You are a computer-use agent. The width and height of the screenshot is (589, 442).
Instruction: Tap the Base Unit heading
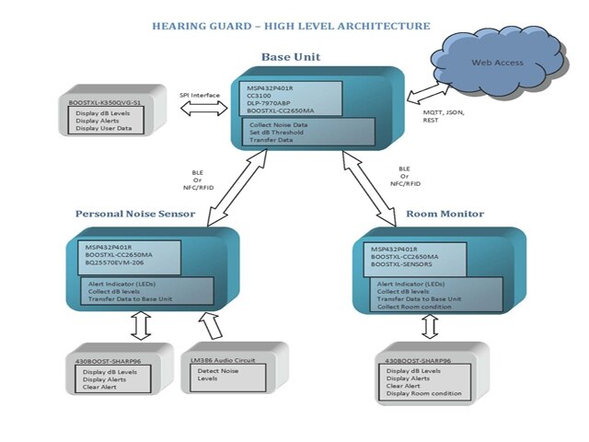[291, 57]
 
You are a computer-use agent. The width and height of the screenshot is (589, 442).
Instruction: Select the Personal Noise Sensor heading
[135, 214]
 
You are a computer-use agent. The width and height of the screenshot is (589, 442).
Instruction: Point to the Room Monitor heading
[445, 214]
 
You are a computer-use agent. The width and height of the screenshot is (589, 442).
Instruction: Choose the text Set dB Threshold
[278, 131]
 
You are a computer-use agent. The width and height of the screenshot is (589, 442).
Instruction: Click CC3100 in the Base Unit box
[259, 96]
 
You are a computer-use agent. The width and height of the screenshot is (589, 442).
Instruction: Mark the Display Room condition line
[424, 394]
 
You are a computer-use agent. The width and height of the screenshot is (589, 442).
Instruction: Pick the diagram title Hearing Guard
[291, 26]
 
